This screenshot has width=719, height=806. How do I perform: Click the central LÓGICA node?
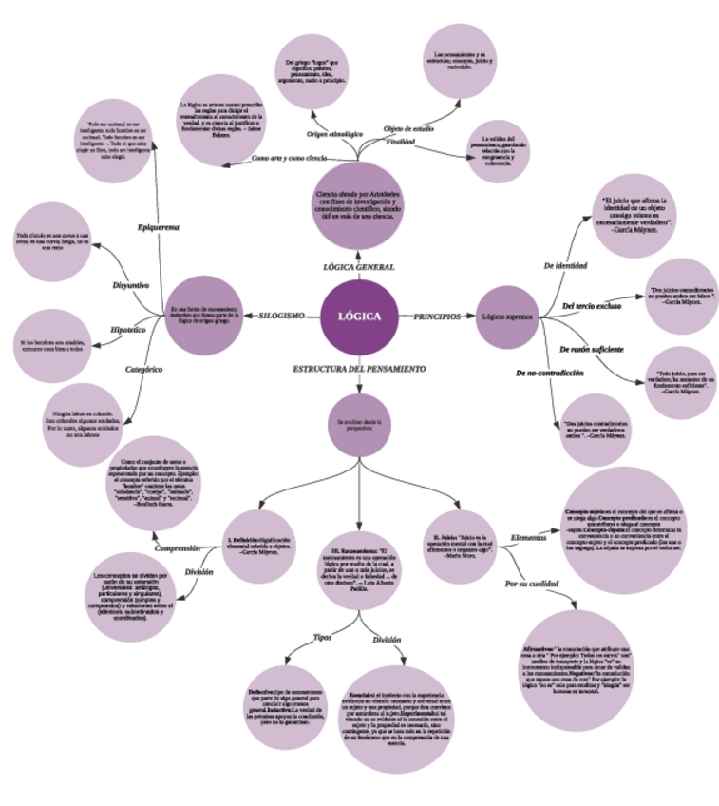coord(359,317)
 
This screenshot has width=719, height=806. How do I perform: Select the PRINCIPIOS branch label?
coord(437,316)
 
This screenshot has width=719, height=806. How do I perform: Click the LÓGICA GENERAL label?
coord(359,267)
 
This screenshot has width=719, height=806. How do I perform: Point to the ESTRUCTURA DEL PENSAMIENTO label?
coord(358,368)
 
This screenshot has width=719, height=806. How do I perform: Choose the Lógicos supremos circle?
coord(506,317)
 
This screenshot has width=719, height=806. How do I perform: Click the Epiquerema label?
coord(159,227)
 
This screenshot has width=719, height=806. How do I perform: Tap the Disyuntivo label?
coord(131,284)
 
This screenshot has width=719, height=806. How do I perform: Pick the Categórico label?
coord(144,368)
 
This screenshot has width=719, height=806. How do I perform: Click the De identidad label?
coord(565,265)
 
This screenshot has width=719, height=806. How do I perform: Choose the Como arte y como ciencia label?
coord(290,158)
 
